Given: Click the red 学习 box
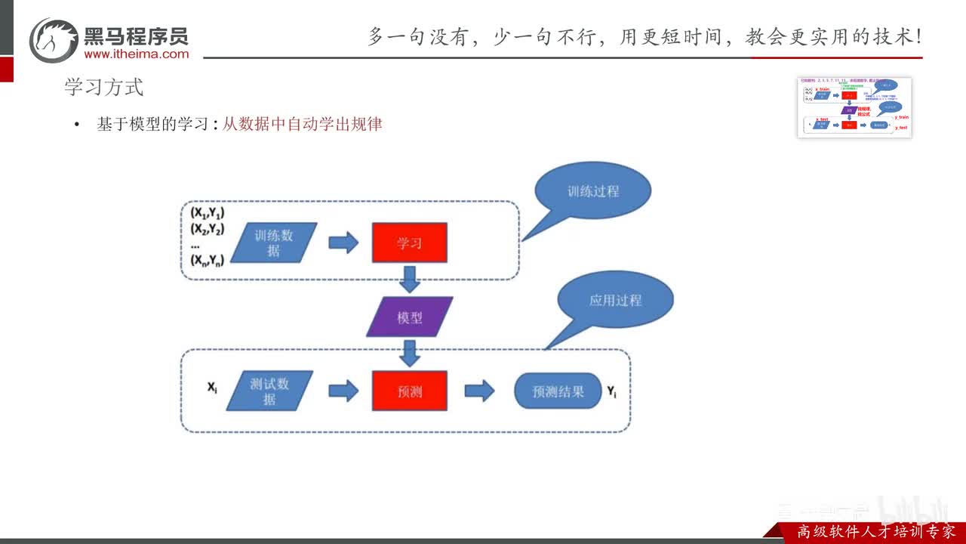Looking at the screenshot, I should (409, 243).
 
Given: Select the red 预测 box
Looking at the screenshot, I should (409, 391).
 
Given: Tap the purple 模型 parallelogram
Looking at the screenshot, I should (410, 317).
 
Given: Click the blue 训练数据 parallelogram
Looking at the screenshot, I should (273, 243).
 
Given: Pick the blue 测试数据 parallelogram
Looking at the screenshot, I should (269, 391).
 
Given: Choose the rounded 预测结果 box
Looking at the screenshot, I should (558, 391).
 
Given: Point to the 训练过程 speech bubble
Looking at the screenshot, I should (593, 191).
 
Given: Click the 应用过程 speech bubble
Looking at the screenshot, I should (615, 300).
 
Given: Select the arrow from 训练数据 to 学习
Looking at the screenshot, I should (343, 243).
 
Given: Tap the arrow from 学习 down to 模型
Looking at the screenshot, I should (410, 279).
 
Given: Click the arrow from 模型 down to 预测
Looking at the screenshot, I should (410, 353).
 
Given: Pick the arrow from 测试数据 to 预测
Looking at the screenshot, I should (343, 391).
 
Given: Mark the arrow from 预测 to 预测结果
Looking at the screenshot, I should (479, 391).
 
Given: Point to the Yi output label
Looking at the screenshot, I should (611, 391).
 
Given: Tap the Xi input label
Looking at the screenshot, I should (213, 388).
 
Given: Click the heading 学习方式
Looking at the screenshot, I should (103, 87).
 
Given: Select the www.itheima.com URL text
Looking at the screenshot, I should (137, 54).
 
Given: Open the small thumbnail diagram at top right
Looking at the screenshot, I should (854, 107).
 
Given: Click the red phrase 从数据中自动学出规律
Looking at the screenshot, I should (302, 124).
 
